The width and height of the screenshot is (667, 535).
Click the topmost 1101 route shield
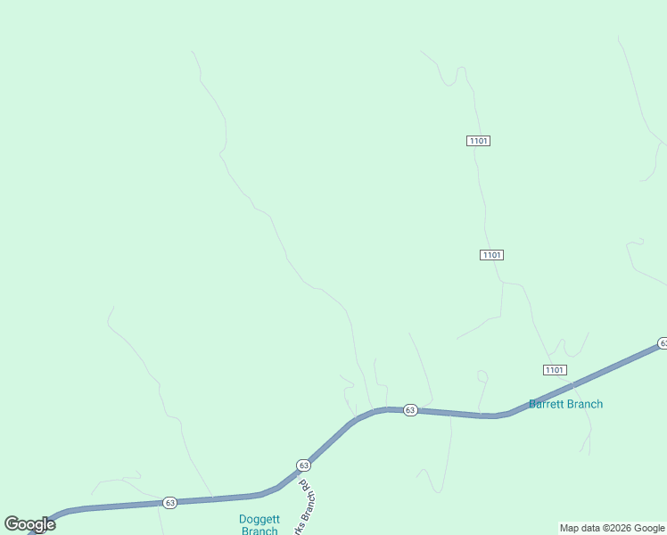tap(478, 141)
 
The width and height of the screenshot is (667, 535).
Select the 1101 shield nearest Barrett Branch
tap(554, 370)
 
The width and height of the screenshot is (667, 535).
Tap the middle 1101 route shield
tap(491, 255)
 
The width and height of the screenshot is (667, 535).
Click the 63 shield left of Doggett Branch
tap(170, 503)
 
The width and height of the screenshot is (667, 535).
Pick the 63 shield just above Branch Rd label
tap(303, 465)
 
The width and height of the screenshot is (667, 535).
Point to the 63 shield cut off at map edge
tap(663, 343)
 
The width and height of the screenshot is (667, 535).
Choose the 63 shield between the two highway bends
tap(409, 410)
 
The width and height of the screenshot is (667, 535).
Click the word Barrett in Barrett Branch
tap(548, 404)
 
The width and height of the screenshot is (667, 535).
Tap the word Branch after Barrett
tap(585, 404)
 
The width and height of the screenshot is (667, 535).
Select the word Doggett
tap(259, 519)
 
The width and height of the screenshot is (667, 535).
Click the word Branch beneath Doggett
tap(259, 531)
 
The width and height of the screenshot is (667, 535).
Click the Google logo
tap(29, 524)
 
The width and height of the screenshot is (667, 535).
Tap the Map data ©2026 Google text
tap(613, 528)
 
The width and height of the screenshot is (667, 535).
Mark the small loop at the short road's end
tap(482, 376)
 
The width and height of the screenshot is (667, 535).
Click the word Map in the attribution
tap(570, 528)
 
